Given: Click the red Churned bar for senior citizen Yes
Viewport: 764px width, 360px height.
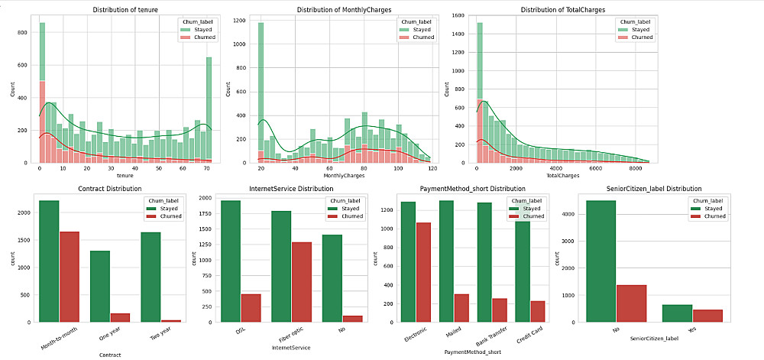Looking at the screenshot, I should click(x=687, y=316).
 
